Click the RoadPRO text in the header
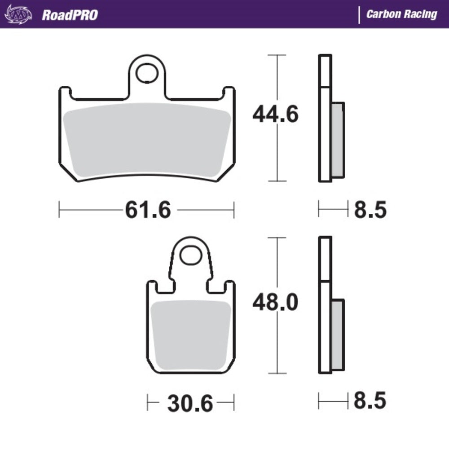tap(70, 15)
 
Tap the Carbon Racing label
tap(401, 14)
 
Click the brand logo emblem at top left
tap(18, 15)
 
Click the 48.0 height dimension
tap(275, 303)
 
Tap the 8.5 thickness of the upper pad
tap(370, 210)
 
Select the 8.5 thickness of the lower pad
tap(370, 401)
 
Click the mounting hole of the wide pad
tap(147, 73)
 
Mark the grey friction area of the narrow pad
tap(191, 335)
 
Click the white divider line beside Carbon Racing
tap(359, 15)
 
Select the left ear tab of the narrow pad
tap(153, 288)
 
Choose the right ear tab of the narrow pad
tap(229, 288)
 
